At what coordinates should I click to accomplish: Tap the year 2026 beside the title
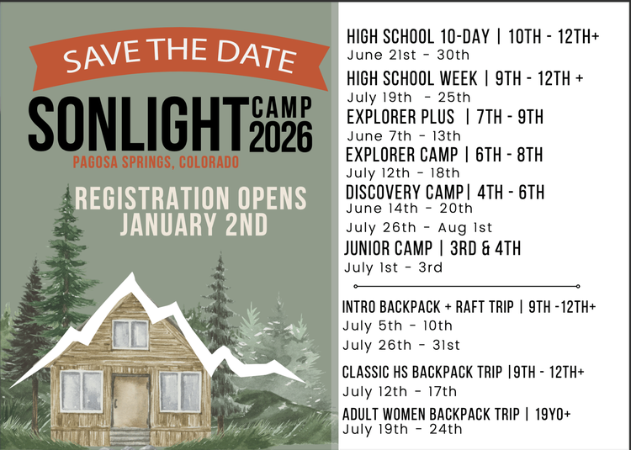pos(282,135)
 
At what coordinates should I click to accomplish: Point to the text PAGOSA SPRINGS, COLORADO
pos(156,161)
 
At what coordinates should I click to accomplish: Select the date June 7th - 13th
pos(404,135)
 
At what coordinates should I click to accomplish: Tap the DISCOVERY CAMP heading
pos(399,192)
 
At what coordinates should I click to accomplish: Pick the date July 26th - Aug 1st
pos(419,228)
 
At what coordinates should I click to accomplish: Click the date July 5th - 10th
pos(397,326)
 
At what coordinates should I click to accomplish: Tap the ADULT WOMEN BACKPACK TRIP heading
pos(429,414)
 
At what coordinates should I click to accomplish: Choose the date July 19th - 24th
pos(402,429)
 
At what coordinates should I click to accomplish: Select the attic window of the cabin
pos(130,334)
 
